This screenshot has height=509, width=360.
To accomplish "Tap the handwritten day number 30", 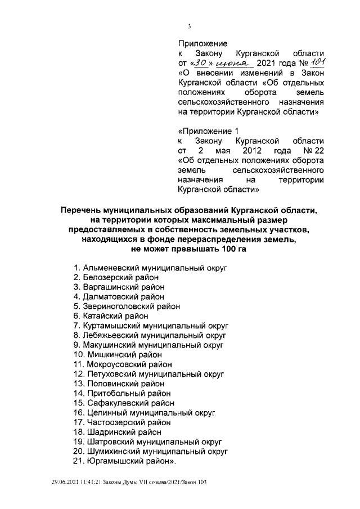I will coord(201,63).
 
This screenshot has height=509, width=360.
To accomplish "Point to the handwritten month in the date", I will coord(232,64).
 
